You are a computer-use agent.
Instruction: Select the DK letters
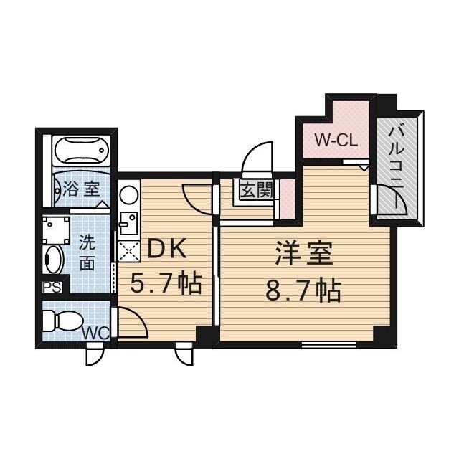point(166,250)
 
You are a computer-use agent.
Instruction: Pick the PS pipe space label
point(51,288)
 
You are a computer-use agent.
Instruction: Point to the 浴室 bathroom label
point(81,190)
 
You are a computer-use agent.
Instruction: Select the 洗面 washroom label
point(87,252)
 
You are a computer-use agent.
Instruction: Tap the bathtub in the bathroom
point(80,153)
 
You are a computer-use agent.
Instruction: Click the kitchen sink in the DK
point(127,223)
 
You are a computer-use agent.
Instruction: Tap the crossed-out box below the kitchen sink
point(128,250)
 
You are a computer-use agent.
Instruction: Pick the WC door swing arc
point(133,321)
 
